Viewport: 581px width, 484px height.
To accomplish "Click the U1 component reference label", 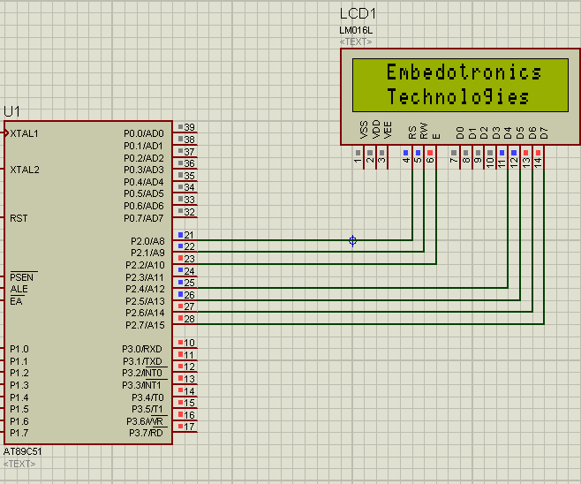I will click(x=11, y=111).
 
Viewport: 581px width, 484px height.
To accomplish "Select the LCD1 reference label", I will click(x=358, y=14).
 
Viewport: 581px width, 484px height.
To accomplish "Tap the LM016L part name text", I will click(x=356, y=30).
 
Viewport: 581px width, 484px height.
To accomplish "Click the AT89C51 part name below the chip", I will click(x=22, y=451).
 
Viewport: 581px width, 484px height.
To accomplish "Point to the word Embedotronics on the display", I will click(x=464, y=72).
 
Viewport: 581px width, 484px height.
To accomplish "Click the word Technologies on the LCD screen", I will click(x=458, y=97).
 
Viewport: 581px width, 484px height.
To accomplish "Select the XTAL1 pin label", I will click(x=25, y=133).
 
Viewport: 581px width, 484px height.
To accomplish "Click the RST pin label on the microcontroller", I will click(x=19, y=217).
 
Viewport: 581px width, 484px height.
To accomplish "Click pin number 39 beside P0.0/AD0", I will click(x=189, y=127).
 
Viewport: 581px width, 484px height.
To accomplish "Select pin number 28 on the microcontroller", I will click(x=189, y=319).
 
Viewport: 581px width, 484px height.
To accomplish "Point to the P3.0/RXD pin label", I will click(x=142, y=349).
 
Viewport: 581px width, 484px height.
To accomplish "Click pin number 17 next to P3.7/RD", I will click(x=189, y=427).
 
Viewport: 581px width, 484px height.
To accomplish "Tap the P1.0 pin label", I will click(x=19, y=349).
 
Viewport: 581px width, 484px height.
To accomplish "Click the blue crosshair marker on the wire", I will click(x=352, y=240).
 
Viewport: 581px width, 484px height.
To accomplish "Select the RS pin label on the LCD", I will click(x=412, y=132).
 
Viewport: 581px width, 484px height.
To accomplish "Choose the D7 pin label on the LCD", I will click(x=545, y=132).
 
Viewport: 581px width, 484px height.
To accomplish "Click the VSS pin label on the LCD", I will click(x=364, y=130).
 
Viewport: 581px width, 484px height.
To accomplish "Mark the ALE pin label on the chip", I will click(x=18, y=289).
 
